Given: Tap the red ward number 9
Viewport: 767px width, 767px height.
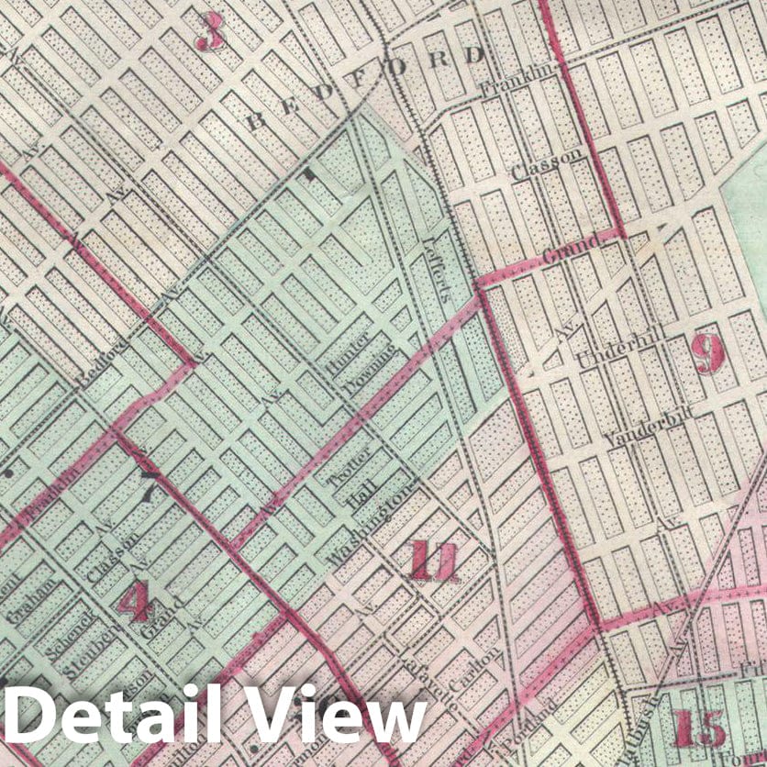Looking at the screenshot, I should tap(707, 352).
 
